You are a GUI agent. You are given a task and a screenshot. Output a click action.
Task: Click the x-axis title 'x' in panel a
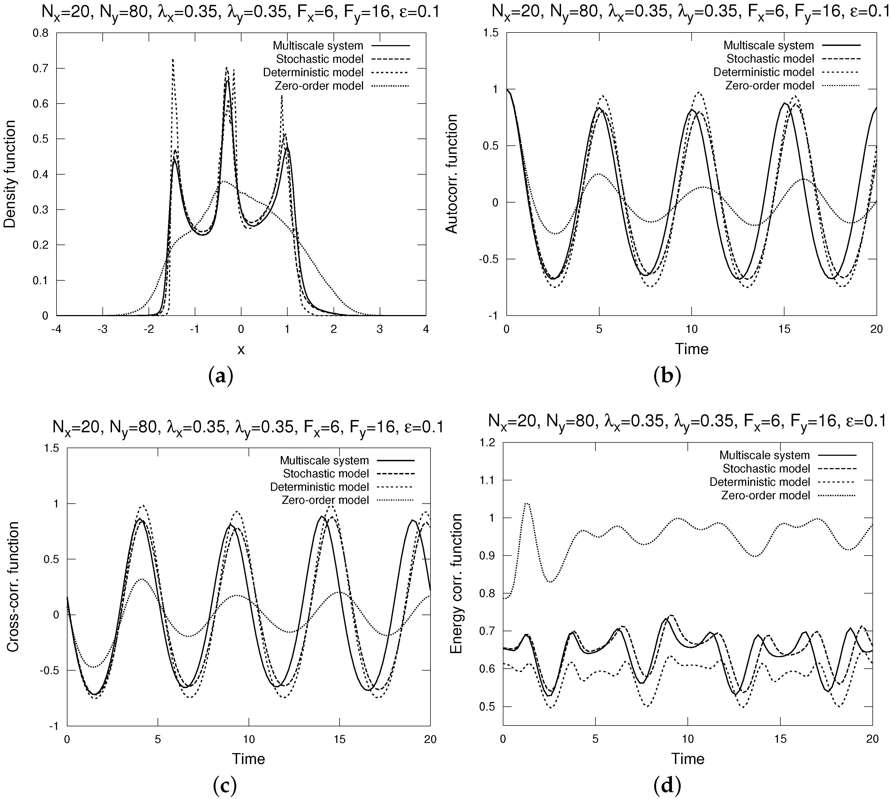(x=241, y=349)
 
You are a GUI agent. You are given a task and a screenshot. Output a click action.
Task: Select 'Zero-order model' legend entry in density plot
(x=319, y=86)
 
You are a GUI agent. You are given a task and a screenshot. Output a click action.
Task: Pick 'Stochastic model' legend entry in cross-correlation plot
(x=326, y=474)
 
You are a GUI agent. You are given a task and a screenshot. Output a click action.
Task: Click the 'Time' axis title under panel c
(x=249, y=759)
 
